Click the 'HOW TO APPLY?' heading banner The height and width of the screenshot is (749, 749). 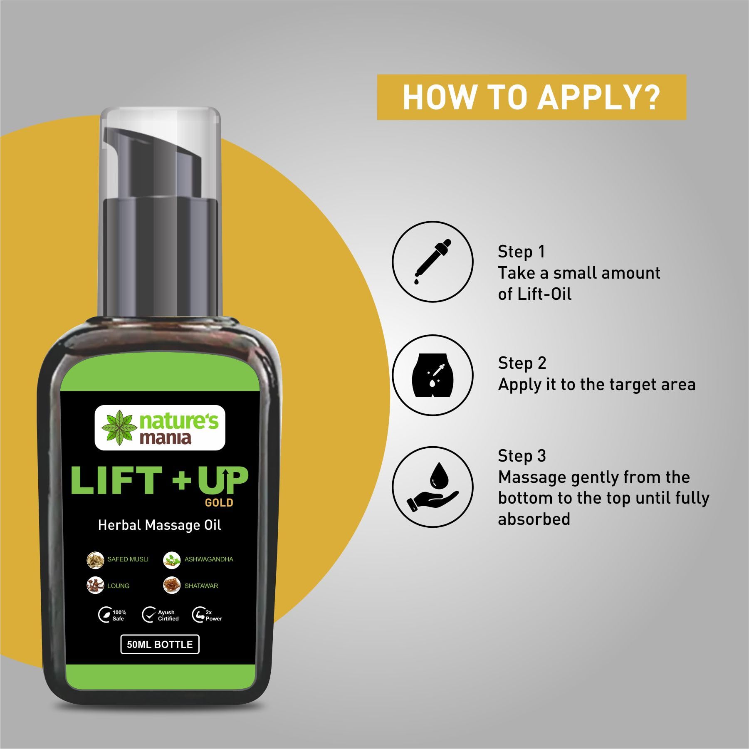click(x=531, y=97)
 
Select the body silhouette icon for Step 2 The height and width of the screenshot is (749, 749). click(x=433, y=375)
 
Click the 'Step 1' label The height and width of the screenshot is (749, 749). click(x=521, y=252)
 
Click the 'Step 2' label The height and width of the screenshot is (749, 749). click(x=522, y=363)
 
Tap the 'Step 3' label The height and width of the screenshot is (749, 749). click(x=522, y=456)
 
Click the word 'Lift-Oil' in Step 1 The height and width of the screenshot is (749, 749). click(x=544, y=294)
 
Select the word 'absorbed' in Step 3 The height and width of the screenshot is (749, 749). click(x=534, y=519)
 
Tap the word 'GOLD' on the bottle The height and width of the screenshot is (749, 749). click(x=219, y=503)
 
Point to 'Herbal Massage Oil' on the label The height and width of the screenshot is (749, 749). click(x=159, y=525)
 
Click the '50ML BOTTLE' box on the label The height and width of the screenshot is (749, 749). click(x=160, y=645)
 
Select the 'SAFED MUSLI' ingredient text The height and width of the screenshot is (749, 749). click(x=128, y=559)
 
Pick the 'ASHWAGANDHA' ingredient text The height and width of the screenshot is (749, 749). click(x=209, y=559)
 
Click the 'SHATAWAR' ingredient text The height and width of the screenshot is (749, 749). click(x=201, y=586)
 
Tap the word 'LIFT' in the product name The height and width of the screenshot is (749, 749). click(x=116, y=480)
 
